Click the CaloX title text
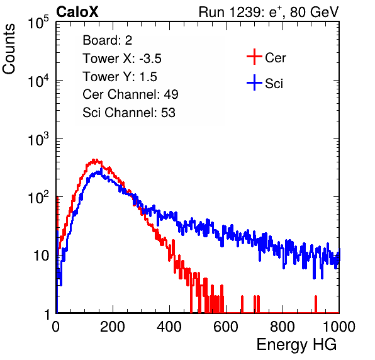[x=77, y=12]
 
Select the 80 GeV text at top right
[x=314, y=12]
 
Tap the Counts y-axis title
[x=9, y=49]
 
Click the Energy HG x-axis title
[x=296, y=345]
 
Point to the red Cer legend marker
[x=254, y=57]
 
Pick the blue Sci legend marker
[x=254, y=82]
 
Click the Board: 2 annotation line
[x=108, y=40]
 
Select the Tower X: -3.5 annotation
[x=122, y=59]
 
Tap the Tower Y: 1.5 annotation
[x=120, y=77]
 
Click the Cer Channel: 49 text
[x=130, y=94]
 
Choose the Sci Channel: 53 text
[x=129, y=113]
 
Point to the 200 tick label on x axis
[x=113, y=327]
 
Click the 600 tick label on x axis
[x=226, y=327]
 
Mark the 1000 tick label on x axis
[x=339, y=327]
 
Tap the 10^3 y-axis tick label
[x=38, y=139]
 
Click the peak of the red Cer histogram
[x=95, y=160]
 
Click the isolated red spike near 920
[x=316, y=304]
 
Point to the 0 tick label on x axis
[x=56, y=327]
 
